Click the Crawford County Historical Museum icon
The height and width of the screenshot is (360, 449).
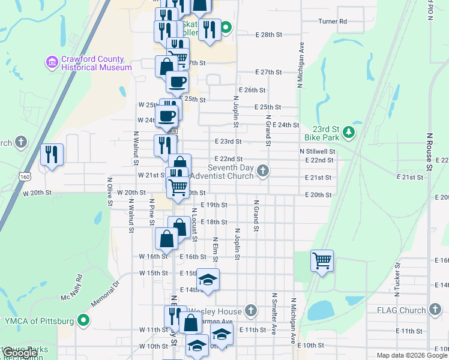coord(52,62)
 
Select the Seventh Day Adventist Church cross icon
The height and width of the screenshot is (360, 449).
coord(262,172)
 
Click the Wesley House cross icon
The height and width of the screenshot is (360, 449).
coord(251,310)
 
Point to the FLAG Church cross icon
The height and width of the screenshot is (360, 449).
coord(435,310)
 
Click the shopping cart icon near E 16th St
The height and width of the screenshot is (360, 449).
coord(322,261)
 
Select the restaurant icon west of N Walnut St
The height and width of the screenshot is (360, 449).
coord(52,155)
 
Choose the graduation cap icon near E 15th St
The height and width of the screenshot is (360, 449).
coord(208,280)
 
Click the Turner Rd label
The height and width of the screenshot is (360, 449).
coord(333,22)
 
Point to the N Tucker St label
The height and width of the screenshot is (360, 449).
coord(397,281)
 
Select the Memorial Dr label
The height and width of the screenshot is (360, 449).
coord(107,292)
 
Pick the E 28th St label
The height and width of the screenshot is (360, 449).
coord(268,35)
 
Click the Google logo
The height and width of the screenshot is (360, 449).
coord(20,353)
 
